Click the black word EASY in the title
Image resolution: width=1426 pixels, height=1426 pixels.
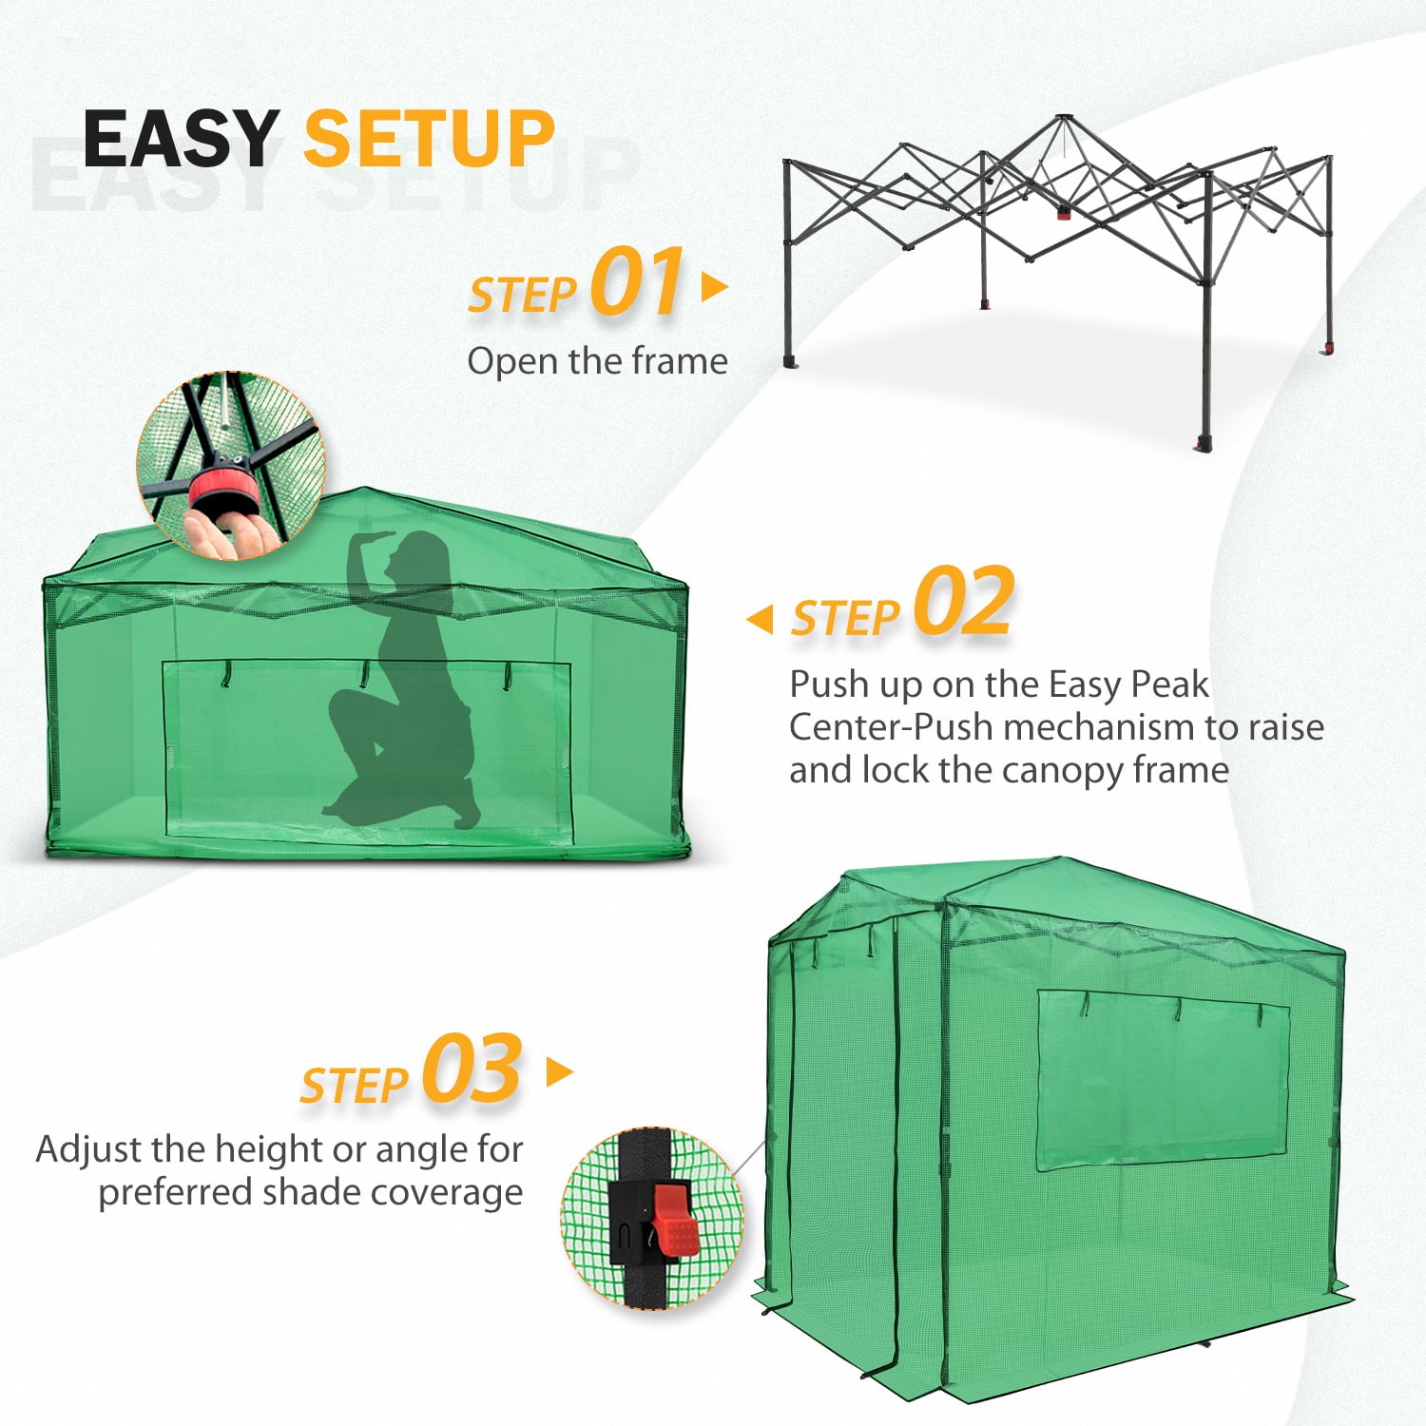coord(181,139)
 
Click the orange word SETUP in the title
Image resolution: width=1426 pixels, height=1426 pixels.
coord(429,139)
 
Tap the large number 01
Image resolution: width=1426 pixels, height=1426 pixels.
coord(636,281)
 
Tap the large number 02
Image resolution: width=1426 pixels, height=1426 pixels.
coord(964,602)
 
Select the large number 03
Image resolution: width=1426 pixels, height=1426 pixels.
coord(472,1070)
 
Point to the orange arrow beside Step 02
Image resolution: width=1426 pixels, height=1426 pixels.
coord(760,620)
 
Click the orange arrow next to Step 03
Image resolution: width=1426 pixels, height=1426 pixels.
coord(560,1072)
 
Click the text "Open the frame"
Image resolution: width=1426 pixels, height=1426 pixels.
coord(597,361)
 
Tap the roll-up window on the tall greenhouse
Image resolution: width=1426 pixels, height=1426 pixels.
coord(1162,1080)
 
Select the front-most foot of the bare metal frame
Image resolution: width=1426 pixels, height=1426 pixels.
coord(1204,444)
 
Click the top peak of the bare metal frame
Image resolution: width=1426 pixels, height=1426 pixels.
coord(1062,119)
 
